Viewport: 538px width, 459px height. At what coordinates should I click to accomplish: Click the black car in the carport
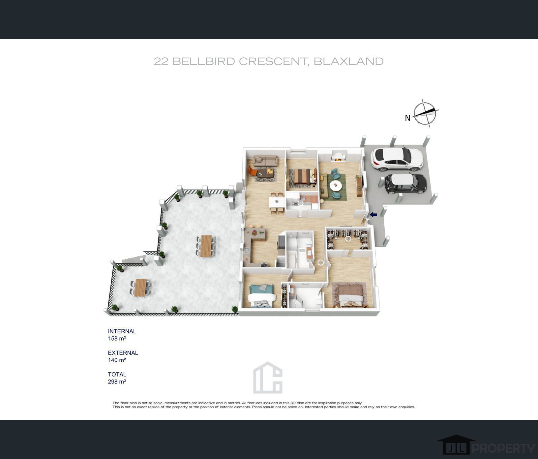(406, 184)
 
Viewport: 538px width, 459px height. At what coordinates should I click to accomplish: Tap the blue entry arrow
(373, 215)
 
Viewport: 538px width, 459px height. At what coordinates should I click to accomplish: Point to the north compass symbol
(425, 113)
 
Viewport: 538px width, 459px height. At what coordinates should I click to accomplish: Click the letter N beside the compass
(407, 118)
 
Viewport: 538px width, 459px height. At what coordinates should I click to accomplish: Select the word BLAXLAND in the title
(348, 61)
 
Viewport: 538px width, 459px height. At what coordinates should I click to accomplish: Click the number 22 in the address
(161, 61)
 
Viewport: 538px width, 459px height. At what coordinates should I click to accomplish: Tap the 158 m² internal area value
(117, 338)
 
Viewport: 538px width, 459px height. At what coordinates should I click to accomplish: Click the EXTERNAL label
(123, 353)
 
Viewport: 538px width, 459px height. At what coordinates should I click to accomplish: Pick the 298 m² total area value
(117, 382)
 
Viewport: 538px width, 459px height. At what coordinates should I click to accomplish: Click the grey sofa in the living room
(265, 161)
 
